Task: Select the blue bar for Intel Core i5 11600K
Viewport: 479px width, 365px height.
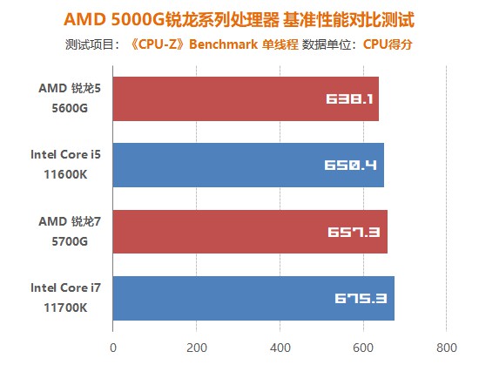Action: pos(248,165)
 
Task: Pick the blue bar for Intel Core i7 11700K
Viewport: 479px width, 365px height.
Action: pos(253,298)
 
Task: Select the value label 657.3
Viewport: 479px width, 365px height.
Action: pos(357,233)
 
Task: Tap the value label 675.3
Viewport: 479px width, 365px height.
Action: pos(364,299)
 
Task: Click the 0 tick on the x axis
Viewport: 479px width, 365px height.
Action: pos(113,347)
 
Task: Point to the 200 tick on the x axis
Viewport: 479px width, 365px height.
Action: pos(197,347)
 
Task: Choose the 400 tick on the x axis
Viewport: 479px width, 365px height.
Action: pos(280,347)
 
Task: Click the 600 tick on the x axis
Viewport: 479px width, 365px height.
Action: pos(363,347)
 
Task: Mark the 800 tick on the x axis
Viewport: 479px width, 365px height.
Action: pos(446,347)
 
